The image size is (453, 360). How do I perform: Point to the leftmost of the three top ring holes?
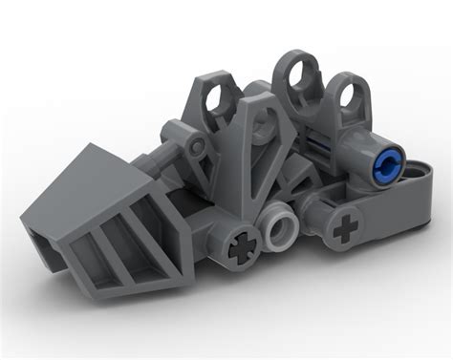pyautogui.click(x=218, y=93)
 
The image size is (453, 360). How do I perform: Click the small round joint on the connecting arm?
pyautogui.click(x=197, y=144)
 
